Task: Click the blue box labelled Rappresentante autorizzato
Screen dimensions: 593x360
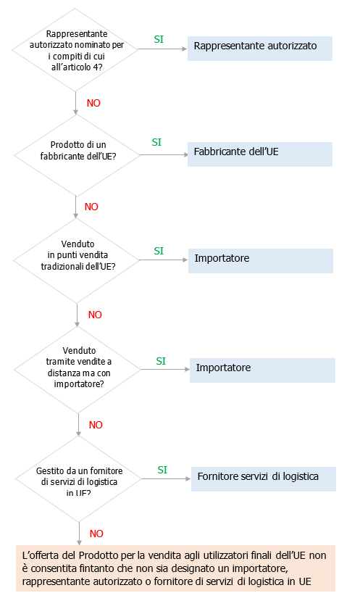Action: pos(260,47)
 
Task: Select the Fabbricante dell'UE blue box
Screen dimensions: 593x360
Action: pos(260,154)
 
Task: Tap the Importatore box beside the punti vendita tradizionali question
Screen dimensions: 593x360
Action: pos(260,260)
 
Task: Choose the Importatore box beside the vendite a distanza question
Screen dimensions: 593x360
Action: pos(262,370)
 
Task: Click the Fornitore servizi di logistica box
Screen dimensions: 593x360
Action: pos(264,478)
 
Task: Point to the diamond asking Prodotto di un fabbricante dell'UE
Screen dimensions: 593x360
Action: pos(76,154)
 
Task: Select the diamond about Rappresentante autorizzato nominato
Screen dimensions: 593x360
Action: pos(76,49)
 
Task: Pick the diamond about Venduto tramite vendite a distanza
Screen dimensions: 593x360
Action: pos(78,370)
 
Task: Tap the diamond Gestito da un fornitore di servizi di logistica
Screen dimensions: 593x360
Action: pos(78,479)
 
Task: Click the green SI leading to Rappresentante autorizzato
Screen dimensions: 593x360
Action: pos(159,39)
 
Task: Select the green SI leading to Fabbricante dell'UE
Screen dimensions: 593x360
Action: pos(156,143)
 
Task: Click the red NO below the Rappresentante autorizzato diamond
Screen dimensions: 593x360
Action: pos(93,103)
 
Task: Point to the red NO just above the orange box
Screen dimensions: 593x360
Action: pos(96,534)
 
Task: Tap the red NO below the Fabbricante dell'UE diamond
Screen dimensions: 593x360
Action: pos(91,207)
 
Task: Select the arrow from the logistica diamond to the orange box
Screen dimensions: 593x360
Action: pos(78,533)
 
